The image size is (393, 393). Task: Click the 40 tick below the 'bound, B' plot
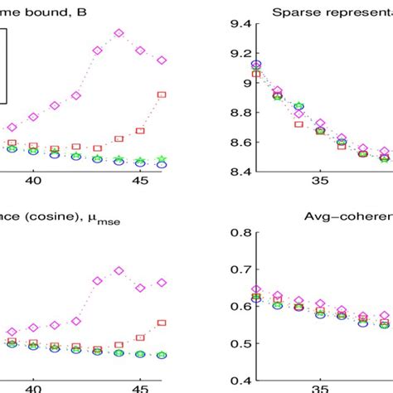point(34,180)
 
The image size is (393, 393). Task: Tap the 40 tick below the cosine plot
point(34,386)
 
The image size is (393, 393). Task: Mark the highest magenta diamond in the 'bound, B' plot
point(119,33)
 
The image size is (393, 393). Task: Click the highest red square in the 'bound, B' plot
point(162,95)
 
